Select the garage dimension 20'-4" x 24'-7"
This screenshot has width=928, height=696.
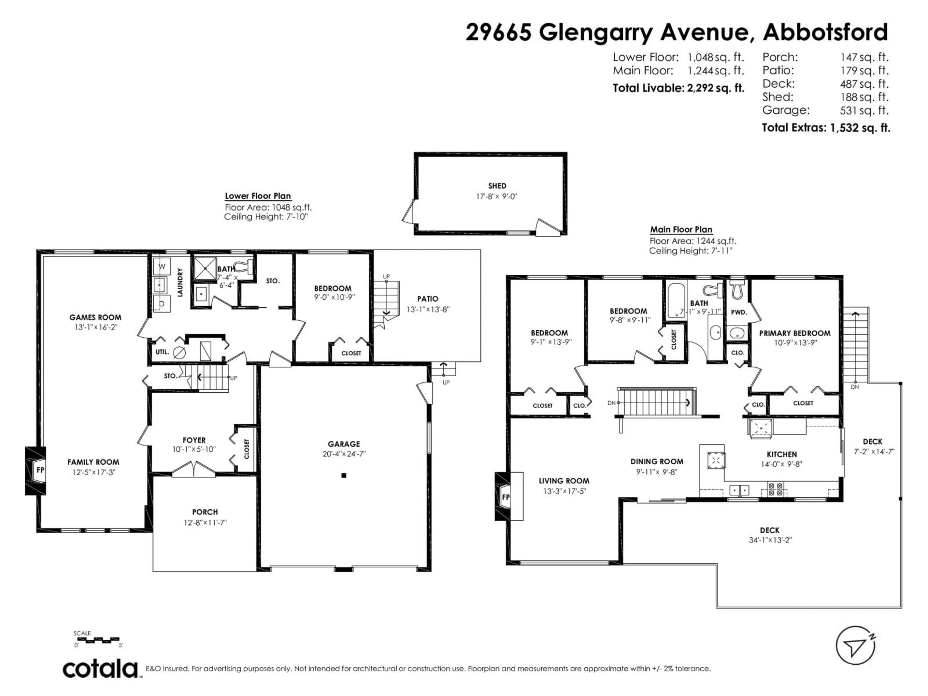[x=344, y=454]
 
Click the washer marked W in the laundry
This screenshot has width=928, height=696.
[x=161, y=266]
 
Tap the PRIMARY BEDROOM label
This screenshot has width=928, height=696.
[x=795, y=333]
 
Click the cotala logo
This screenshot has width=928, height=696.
[x=101, y=670]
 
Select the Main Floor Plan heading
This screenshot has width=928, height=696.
[x=681, y=230]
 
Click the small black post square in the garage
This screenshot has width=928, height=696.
[x=344, y=475]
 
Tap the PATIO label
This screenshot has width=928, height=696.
[x=428, y=299]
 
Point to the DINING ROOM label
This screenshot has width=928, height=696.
[x=657, y=462]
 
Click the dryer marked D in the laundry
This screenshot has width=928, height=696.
[x=161, y=303]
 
